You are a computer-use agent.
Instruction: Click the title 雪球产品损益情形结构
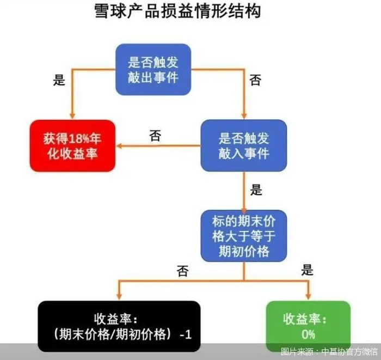click(x=177, y=12)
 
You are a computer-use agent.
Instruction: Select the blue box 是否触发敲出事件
click(x=153, y=70)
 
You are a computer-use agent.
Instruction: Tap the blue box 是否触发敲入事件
click(x=243, y=145)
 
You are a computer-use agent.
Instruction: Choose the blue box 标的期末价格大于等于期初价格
click(x=243, y=236)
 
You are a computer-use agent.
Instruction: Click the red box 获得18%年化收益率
click(x=72, y=145)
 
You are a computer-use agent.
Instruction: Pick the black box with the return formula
click(x=119, y=326)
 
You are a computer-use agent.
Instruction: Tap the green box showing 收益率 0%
click(x=308, y=325)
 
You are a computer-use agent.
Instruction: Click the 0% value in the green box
click(x=308, y=333)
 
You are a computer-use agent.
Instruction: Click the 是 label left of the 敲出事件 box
click(x=59, y=81)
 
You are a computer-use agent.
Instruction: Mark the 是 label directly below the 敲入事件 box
click(x=256, y=190)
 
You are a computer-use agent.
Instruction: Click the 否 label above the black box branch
click(x=182, y=271)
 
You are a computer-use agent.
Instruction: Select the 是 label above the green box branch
click(x=308, y=270)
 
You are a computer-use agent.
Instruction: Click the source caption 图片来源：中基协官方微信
click(x=329, y=352)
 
